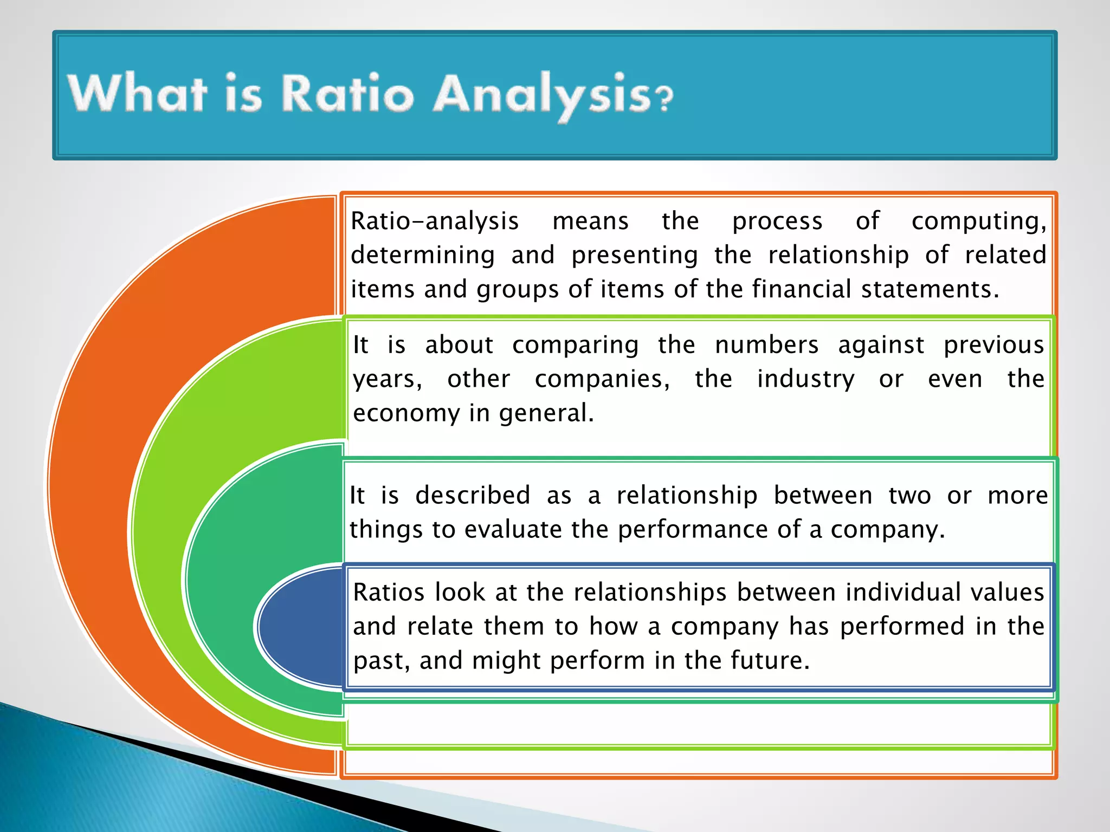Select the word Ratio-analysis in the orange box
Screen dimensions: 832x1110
435,222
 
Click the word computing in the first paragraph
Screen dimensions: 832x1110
978,222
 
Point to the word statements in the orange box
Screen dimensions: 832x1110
930,289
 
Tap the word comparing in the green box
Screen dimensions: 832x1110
575,346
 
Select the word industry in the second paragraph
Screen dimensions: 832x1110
805,379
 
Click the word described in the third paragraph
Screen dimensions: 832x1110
473,496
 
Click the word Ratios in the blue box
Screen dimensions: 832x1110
388,593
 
